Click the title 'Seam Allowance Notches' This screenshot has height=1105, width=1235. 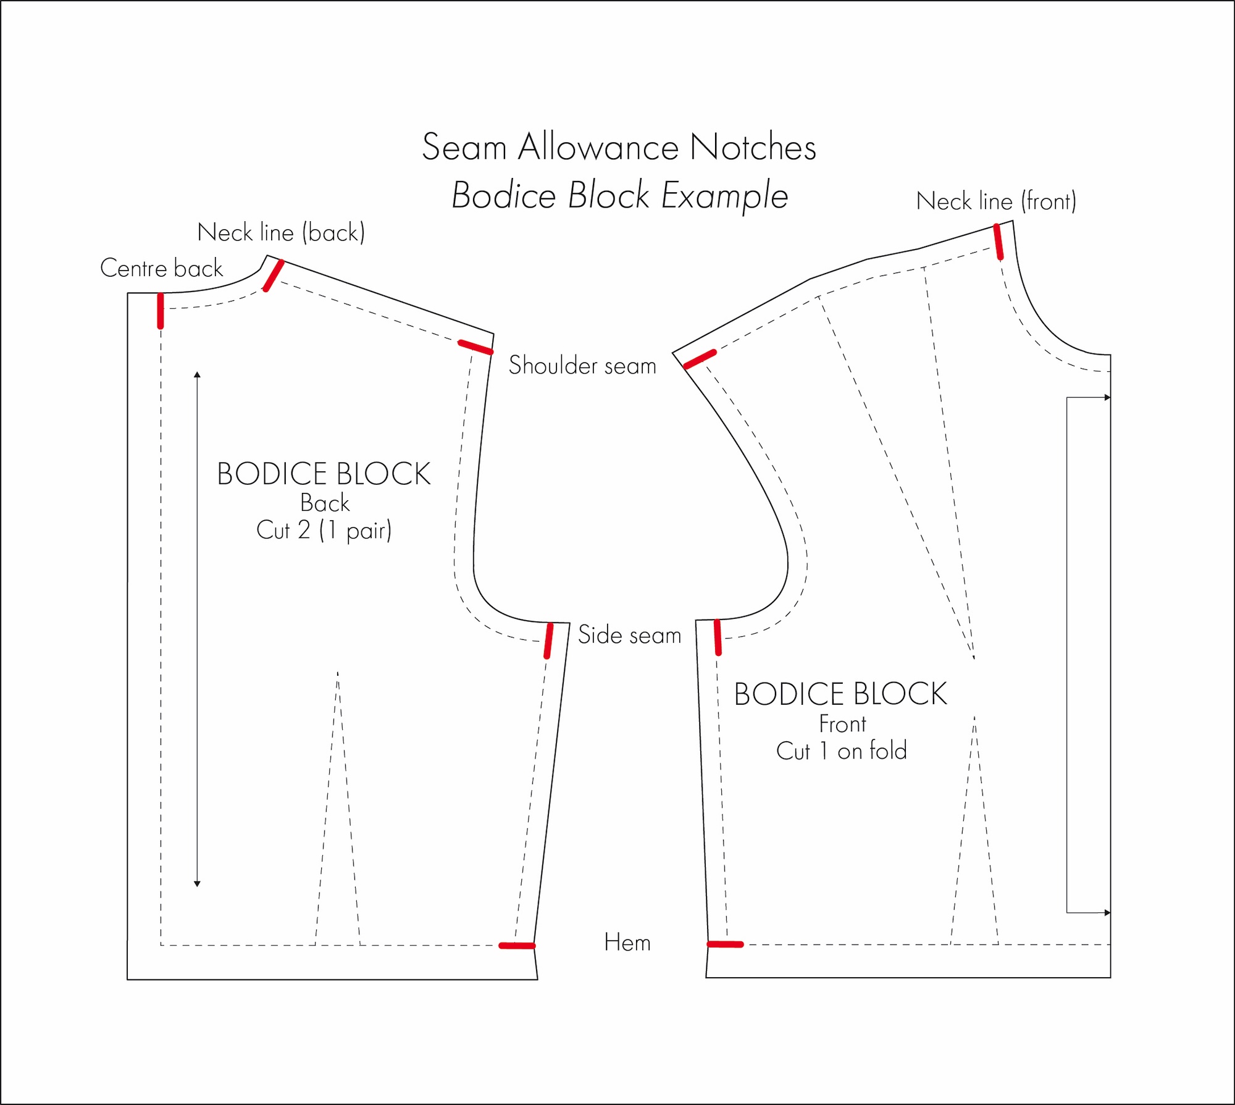(619, 147)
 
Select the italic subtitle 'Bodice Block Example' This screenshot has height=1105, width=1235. (620, 196)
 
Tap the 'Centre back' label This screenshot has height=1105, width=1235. (161, 268)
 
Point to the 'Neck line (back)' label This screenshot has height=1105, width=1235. (281, 233)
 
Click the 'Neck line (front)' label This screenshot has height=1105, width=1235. (996, 201)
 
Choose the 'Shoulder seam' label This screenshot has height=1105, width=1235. (582, 366)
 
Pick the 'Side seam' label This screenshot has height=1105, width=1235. (629, 635)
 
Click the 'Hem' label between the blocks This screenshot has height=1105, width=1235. (627, 943)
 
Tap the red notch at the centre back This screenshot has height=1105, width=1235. (161, 311)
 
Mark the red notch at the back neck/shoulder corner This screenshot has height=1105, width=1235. (274, 275)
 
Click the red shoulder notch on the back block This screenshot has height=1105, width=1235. (475, 348)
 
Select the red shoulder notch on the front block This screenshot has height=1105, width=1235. (700, 359)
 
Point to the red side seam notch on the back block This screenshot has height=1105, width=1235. (548, 641)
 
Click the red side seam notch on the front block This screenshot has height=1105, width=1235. (718, 637)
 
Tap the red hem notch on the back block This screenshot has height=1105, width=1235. (517, 946)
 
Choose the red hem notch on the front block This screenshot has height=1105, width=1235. (725, 944)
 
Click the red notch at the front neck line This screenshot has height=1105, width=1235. (998, 242)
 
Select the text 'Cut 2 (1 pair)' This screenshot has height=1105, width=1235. (324, 531)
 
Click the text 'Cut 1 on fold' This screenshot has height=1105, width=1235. (841, 751)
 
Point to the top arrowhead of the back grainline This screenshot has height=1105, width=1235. (197, 374)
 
